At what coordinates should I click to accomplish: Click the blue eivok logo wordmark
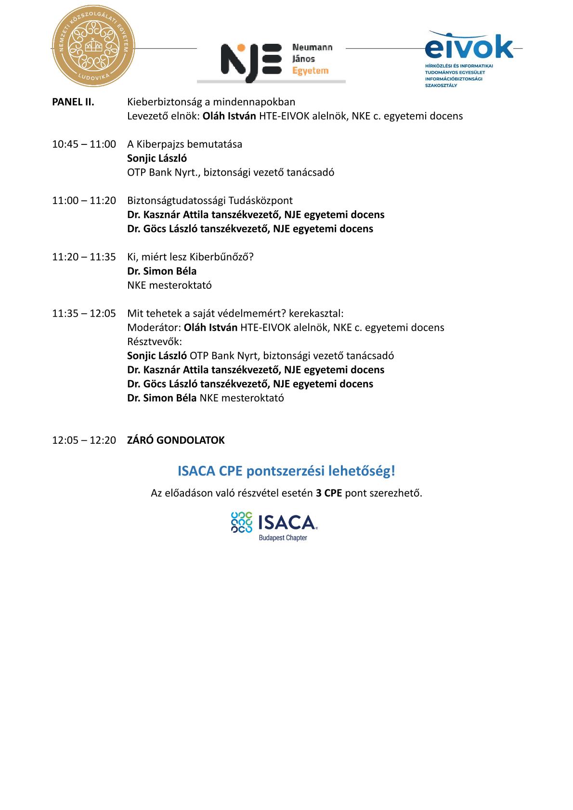click(x=469, y=46)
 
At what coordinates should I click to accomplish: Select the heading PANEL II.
click(x=73, y=102)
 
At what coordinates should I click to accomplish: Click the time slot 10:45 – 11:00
click(x=84, y=144)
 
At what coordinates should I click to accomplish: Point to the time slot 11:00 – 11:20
click(x=84, y=201)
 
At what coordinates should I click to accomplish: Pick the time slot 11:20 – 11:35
click(x=84, y=257)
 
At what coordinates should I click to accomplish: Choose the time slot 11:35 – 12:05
click(x=84, y=314)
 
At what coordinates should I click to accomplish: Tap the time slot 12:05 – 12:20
click(x=84, y=440)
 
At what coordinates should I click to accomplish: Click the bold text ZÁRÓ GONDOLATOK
click(x=176, y=440)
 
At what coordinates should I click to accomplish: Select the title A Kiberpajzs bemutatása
click(x=185, y=144)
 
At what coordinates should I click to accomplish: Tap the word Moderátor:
click(x=154, y=328)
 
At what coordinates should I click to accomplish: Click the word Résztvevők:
click(x=155, y=342)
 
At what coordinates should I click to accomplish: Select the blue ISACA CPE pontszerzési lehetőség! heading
click(x=286, y=471)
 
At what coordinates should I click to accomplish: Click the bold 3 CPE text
click(x=329, y=493)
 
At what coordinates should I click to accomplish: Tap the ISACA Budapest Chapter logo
click(x=274, y=526)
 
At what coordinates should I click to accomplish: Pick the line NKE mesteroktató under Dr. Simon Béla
click(x=169, y=285)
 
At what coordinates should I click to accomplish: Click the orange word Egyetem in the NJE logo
click(x=311, y=71)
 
